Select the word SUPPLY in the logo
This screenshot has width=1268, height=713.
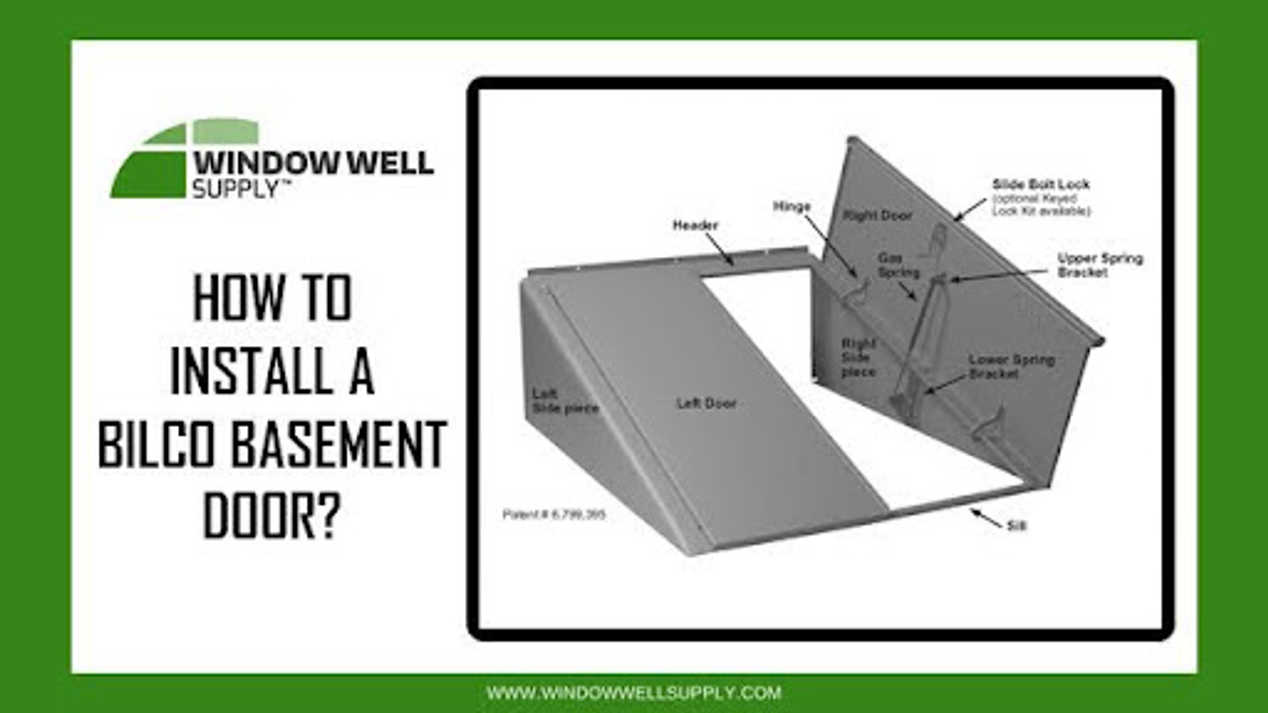236,190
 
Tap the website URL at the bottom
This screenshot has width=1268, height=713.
634,693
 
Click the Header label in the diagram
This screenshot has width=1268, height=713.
695,226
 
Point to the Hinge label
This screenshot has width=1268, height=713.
791,207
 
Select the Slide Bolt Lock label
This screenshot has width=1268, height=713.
1041,185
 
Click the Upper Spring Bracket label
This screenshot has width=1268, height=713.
1099,265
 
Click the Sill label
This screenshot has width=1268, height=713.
1016,526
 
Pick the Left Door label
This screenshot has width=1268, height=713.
706,403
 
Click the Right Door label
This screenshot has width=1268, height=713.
878,216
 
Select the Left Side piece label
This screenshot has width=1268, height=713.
564,401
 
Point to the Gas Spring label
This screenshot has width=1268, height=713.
898,265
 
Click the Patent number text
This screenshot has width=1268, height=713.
553,514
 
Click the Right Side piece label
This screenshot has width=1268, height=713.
858,358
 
